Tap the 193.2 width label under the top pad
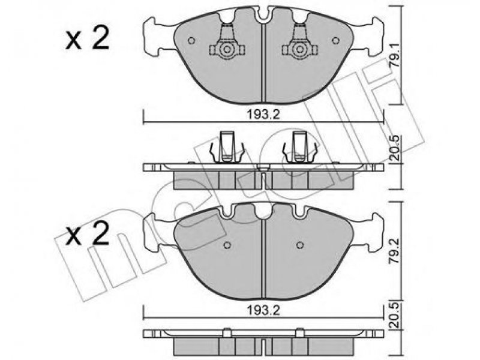coord(263,115)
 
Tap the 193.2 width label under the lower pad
coord(263,311)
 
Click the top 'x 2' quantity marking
coord(87,40)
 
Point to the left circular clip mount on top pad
coord(227,49)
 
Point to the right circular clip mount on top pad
coord(299,49)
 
